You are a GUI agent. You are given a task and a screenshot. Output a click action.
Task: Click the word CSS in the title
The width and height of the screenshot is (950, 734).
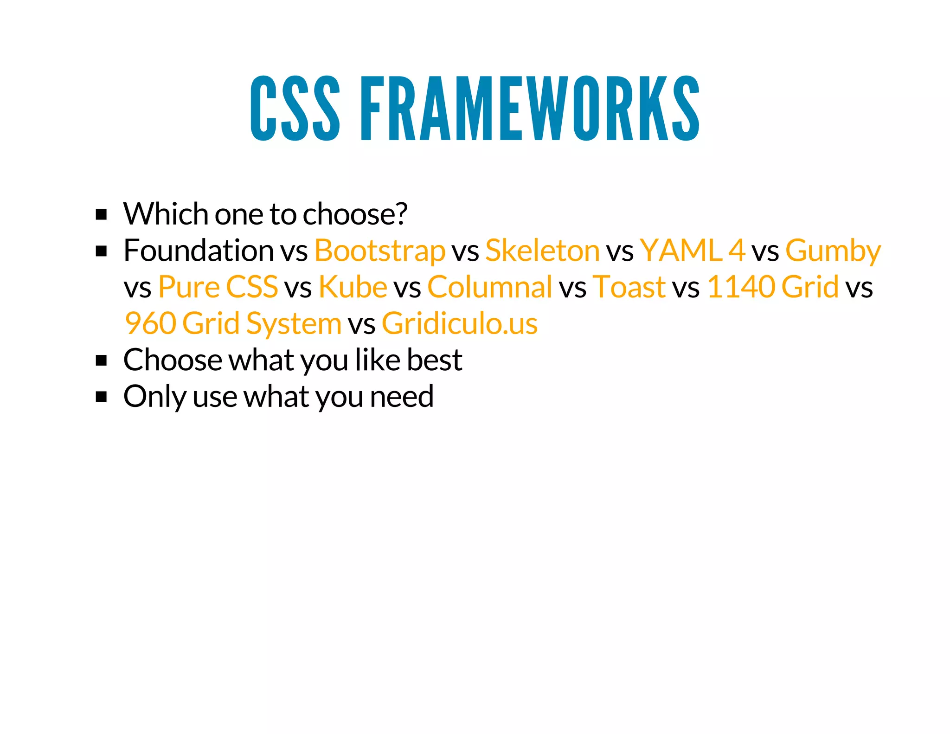point(295,108)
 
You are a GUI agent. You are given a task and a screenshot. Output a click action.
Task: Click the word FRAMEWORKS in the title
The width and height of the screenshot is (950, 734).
point(530,108)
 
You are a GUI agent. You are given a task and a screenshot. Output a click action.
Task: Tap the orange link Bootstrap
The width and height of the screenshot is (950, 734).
point(380,251)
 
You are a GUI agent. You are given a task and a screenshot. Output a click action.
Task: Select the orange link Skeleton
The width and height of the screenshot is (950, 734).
point(542,251)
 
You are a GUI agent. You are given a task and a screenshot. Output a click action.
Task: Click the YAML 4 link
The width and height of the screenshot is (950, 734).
point(693,251)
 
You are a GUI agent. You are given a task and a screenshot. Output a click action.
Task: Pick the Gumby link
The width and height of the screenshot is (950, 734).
point(833,251)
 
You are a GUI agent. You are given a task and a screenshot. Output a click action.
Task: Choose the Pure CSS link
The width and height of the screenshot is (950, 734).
point(218,287)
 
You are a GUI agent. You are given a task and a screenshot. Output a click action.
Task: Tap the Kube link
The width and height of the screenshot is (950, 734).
point(353,287)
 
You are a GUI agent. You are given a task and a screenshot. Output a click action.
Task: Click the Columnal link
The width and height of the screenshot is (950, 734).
point(490,287)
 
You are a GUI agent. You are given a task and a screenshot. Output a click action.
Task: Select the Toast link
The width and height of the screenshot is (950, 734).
point(629,287)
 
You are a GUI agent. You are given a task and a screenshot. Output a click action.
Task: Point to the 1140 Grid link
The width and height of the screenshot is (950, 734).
point(772,287)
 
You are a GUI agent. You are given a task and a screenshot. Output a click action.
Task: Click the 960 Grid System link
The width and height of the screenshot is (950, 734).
point(233,323)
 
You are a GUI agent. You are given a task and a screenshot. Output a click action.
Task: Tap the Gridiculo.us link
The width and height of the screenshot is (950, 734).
point(459,323)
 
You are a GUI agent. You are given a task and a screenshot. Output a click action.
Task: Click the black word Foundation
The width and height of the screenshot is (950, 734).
point(199,251)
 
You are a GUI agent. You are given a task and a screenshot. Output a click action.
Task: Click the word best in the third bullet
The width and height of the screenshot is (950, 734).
point(434,360)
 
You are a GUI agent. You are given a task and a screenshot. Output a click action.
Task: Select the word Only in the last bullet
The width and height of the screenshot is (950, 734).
point(154,397)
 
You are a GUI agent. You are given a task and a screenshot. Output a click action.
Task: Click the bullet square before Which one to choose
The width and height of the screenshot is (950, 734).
point(101,215)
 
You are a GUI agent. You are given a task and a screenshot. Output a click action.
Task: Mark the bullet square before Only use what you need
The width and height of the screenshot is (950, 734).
point(101,397)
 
